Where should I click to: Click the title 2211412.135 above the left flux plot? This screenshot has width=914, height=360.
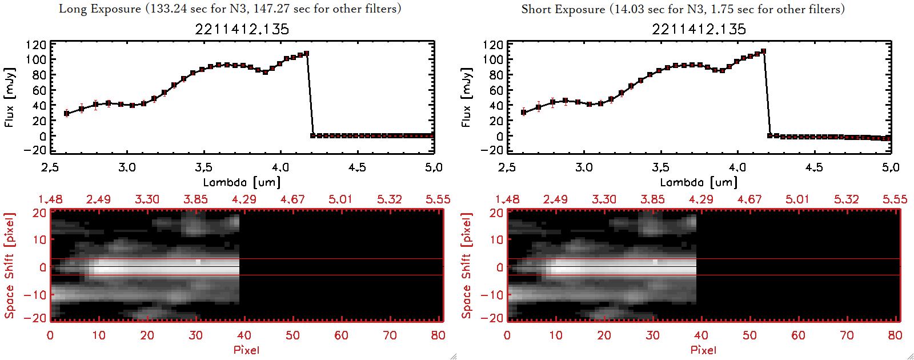click(242, 29)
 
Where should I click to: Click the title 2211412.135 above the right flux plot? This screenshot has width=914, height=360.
click(699, 29)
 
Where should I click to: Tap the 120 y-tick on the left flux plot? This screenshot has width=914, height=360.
click(36, 45)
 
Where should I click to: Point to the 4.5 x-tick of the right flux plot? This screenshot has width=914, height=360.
click(814, 167)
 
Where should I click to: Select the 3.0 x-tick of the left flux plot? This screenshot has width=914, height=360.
click(127, 167)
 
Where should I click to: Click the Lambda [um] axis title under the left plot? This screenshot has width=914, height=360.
click(242, 182)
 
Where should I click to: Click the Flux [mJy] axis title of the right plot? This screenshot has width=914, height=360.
click(467, 97)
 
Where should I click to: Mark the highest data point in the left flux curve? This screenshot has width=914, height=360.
click(307, 54)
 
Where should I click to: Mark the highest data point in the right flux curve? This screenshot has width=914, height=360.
click(764, 51)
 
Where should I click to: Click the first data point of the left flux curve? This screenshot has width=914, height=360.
click(66, 113)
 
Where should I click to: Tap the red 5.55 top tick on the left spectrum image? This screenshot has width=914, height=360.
click(438, 199)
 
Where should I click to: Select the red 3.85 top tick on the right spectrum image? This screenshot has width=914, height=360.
click(652, 199)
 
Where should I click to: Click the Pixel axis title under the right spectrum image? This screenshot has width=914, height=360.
click(703, 350)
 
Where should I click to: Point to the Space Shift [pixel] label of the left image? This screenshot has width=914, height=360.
click(9, 266)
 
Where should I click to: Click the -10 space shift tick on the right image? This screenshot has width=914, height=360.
click(492, 295)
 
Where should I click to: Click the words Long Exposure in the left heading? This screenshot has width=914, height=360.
click(100, 9)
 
